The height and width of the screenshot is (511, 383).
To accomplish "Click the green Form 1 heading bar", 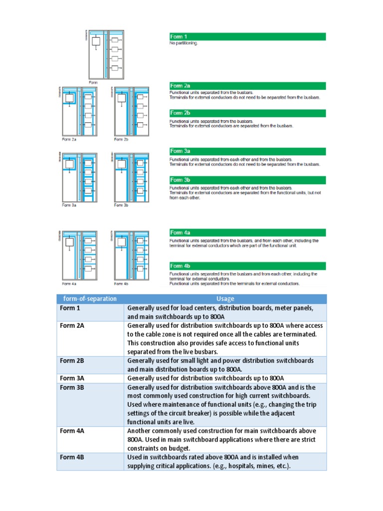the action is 247,36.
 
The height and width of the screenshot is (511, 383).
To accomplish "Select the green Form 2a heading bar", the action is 247,86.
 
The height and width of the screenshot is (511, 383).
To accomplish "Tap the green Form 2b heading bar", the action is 247,113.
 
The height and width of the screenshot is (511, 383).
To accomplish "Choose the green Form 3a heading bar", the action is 247,151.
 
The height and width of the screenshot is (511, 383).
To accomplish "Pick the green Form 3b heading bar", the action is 247,180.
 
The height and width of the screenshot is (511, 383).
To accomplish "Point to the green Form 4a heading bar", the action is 247,233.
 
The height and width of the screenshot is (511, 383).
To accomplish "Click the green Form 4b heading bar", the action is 247,266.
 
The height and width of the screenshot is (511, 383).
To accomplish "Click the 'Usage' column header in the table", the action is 225,299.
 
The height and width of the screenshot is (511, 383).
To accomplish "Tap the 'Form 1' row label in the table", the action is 70,308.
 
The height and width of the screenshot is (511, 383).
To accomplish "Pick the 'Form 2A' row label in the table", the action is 72,326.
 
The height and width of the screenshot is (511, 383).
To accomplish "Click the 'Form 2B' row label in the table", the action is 72,361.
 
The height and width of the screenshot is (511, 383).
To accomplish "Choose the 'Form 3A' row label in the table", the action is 72,378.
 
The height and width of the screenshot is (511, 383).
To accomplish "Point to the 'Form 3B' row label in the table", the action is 72,387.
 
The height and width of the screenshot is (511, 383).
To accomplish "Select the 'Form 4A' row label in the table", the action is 72,431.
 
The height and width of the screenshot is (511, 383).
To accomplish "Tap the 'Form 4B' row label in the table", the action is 72,457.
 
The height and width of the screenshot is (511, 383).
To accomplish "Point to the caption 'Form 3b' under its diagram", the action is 121,205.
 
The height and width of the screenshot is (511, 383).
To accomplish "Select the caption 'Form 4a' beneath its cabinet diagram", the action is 69,283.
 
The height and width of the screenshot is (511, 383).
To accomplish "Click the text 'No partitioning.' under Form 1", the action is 184,43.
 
